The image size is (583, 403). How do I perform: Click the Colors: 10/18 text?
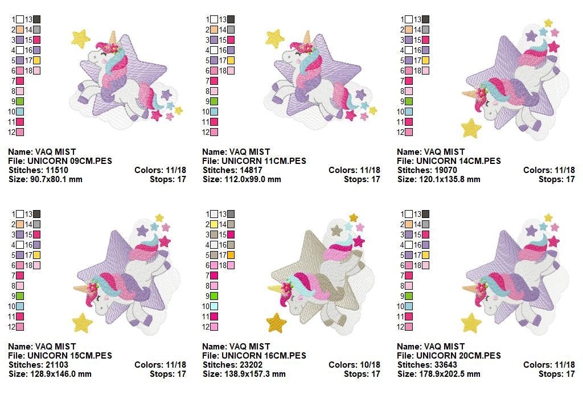point(354,365)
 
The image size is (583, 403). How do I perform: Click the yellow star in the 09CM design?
point(81,39)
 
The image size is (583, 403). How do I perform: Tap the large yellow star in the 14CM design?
point(471,128)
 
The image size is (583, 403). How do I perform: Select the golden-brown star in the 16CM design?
point(277,323)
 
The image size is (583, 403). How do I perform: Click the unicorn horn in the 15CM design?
point(83,287)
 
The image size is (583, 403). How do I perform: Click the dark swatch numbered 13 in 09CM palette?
point(36,20)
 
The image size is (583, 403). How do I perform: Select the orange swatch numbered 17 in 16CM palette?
point(231,255)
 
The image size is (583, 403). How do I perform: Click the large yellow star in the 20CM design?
point(471,323)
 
